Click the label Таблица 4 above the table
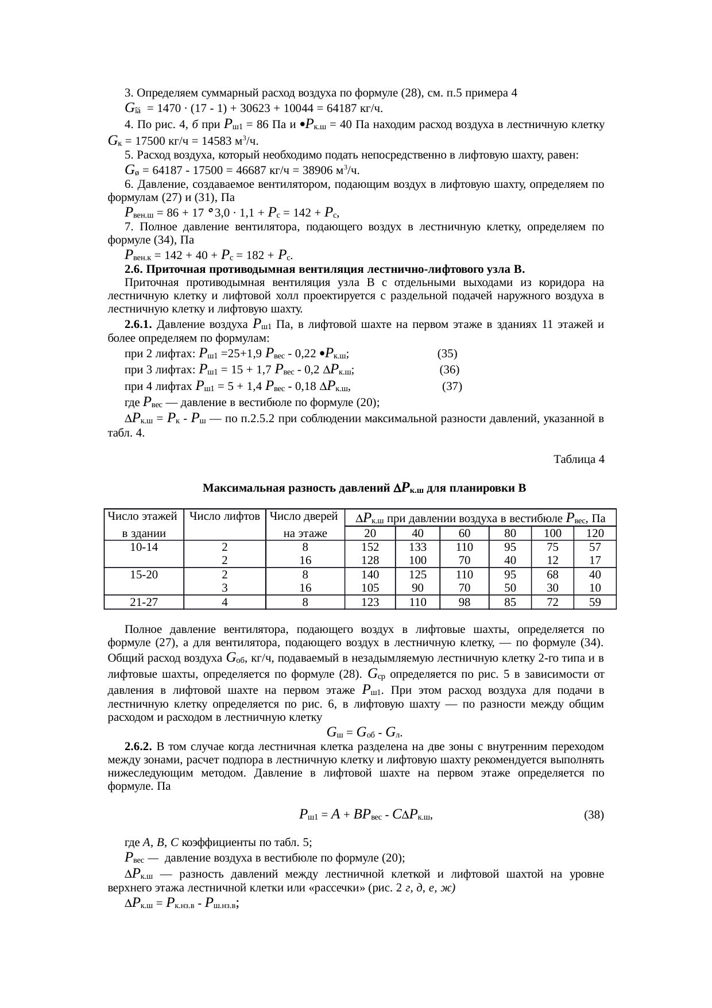pos(578,459)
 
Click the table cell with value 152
pos(370,547)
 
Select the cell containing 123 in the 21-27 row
pos(370,603)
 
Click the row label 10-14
pos(144,547)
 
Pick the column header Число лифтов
pos(225,517)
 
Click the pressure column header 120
pos(594,534)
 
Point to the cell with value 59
pos(594,603)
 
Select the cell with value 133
pos(417,547)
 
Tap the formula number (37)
pos(452,387)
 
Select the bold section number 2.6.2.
pos(138,747)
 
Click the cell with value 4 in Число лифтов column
pos(225,603)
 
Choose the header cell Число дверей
pos(305,517)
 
